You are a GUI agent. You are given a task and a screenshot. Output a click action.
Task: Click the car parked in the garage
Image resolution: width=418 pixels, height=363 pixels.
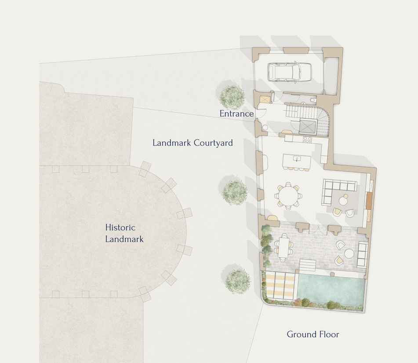(x=290, y=72)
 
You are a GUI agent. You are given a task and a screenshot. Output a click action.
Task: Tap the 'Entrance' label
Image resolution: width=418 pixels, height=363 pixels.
(x=236, y=114)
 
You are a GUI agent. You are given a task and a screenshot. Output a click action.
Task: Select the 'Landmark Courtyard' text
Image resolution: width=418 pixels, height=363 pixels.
(x=193, y=143)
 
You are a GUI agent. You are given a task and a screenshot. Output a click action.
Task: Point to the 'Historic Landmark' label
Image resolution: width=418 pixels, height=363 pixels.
(x=124, y=233)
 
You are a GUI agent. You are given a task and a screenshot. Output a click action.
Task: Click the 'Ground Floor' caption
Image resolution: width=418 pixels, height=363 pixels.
(x=313, y=334)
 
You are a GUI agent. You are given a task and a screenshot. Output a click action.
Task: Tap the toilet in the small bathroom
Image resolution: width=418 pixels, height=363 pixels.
(x=312, y=100)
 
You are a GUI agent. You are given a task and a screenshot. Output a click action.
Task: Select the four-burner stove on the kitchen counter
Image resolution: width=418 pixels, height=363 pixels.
(x=307, y=140)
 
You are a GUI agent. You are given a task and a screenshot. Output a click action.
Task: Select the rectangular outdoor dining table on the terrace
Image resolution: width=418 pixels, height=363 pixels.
(x=284, y=247)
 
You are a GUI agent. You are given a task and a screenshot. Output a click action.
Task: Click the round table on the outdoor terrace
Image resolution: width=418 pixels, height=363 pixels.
(x=349, y=254)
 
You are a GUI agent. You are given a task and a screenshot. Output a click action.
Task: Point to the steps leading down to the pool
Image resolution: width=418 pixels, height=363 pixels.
(x=308, y=264)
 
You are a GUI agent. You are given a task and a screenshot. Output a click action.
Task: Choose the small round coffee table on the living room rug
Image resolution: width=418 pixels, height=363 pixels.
(x=343, y=201)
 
